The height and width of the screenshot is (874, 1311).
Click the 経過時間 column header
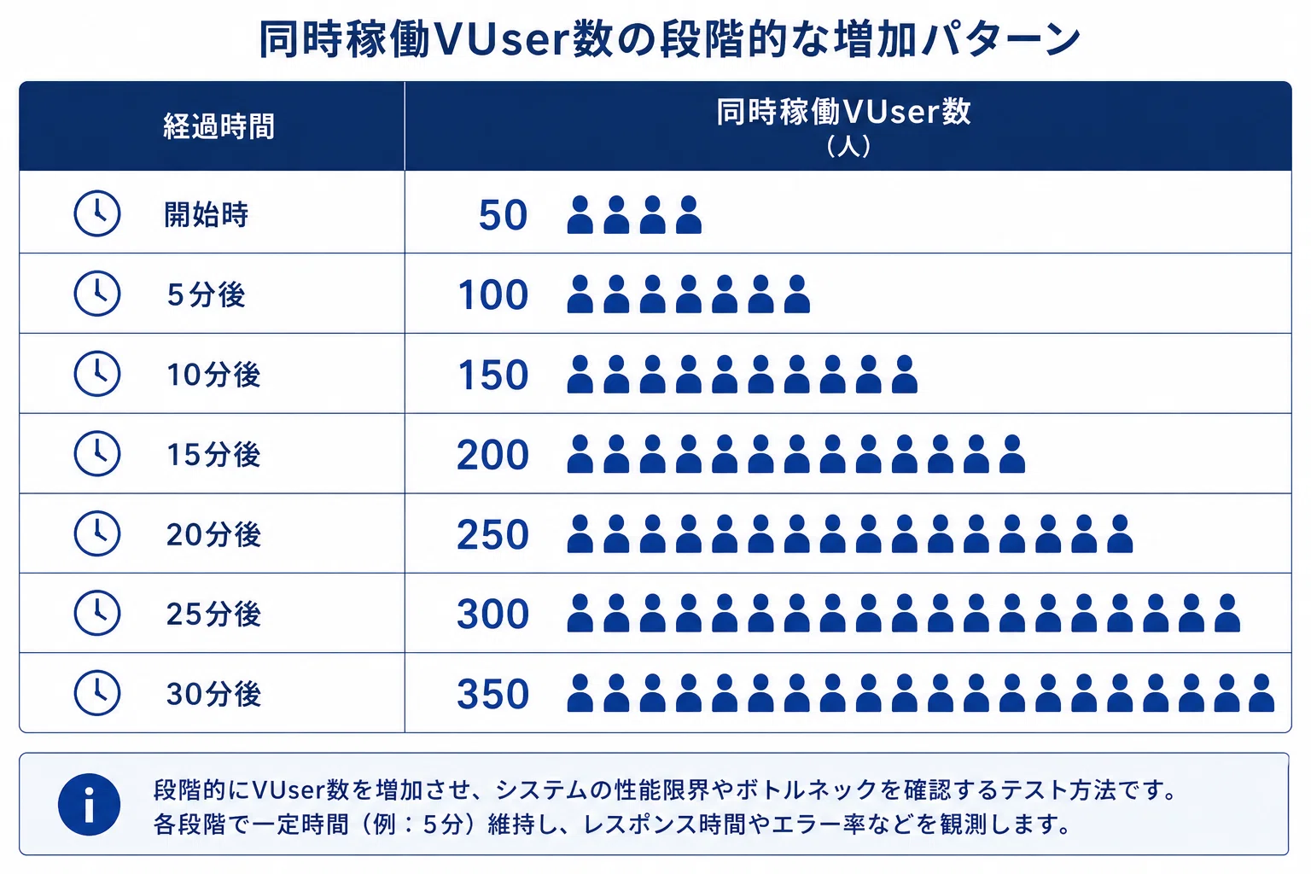coord(218,126)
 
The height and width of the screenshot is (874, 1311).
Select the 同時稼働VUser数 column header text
coord(843,112)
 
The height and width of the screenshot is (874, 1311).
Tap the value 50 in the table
coord(504,215)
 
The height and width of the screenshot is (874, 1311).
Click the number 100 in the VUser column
coord(493,294)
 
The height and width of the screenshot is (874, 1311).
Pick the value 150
coord(493,375)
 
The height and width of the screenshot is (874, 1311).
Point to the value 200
coord(492,455)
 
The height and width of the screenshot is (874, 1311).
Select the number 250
coord(492,534)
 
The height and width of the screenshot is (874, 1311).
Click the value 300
coord(492,614)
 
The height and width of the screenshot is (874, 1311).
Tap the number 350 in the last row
coord(492,694)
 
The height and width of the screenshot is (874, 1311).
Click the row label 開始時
coord(206,214)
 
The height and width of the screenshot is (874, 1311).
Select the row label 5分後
coord(206,294)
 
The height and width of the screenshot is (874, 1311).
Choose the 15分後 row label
coord(213,454)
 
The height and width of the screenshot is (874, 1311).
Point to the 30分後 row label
coord(213,694)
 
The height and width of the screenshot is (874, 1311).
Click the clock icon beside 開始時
coord(97,213)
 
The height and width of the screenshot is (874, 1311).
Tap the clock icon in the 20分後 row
coord(97,533)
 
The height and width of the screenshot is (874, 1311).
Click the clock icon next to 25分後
coord(97,613)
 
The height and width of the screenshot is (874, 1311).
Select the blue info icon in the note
coord(89,804)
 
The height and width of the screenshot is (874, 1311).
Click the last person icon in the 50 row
coord(688,215)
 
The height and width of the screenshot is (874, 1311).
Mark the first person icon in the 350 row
coord(580,693)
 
